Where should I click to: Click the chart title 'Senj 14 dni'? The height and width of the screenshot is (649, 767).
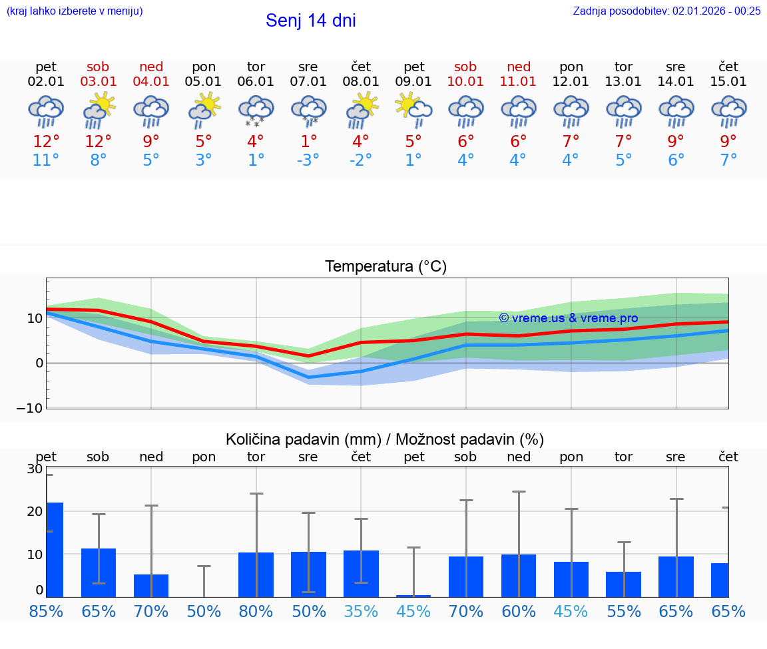(x=310, y=21)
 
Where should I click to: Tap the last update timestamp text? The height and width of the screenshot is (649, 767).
(x=666, y=11)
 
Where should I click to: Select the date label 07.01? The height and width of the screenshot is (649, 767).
(x=308, y=82)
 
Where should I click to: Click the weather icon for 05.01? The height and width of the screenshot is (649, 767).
(x=204, y=110)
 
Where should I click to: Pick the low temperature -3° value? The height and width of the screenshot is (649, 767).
(x=308, y=160)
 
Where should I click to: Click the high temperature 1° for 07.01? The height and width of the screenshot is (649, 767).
(x=308, y=142)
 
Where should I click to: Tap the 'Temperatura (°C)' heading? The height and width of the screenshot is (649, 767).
(x=385, y=267)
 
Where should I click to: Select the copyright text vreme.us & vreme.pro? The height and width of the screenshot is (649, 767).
(x=568, y=318)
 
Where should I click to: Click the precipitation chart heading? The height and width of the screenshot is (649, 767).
(x=385, y=439)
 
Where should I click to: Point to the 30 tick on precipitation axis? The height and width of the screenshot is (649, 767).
(x=35, y=469)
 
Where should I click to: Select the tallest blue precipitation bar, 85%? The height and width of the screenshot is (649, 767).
(x=55, y=549)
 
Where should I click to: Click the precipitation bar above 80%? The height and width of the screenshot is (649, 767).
(x=256, y=574)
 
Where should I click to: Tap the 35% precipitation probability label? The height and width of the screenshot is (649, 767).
(x=361, y=612)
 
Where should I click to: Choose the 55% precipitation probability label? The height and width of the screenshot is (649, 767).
(x=624, y=612)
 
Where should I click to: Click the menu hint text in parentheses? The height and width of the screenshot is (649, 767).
(x=75, y=11)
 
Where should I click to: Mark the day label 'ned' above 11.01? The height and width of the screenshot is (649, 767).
(x=519, y=67)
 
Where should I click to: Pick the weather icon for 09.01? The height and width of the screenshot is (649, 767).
(x=413, y=110)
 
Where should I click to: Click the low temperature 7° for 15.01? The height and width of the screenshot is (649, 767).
(x=728, y=160)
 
